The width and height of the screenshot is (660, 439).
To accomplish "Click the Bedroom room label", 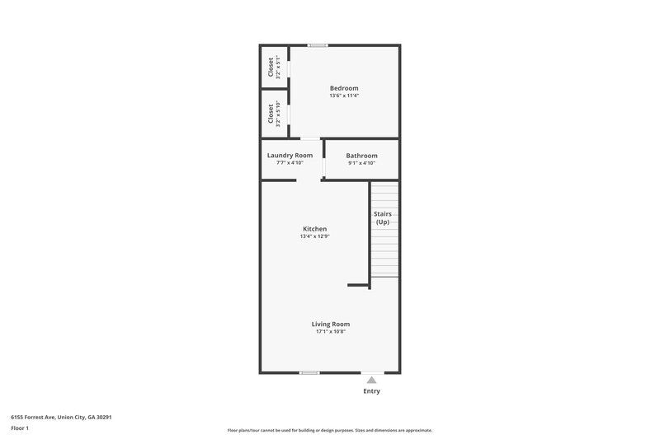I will (344, 88).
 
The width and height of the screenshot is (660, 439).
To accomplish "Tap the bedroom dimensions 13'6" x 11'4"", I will (344, 96).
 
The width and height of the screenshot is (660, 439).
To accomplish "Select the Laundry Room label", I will (290, 155).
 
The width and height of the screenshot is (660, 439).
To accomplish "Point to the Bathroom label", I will (361, 156).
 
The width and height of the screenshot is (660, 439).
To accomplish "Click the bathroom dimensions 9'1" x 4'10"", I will (361, 163).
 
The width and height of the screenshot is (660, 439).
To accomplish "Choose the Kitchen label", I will (314, 229).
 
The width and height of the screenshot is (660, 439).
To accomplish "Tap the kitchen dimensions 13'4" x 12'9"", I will (314, 236).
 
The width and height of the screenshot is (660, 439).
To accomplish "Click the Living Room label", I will (330, 324).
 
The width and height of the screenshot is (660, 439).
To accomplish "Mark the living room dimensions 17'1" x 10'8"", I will (330, 332).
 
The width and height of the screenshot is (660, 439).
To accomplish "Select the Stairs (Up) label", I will (382, 217).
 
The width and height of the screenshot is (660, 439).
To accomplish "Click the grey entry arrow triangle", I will (372, 380).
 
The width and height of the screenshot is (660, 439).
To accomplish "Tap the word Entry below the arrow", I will (372, 391).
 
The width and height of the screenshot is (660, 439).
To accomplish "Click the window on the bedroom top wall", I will (318, 44).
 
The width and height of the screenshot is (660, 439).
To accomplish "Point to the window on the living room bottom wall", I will (309, 372).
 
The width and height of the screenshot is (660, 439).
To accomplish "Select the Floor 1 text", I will (20, 428).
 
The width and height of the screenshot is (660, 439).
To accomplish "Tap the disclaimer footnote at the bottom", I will (330, 430).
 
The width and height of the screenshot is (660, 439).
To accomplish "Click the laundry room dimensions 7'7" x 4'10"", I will (290, 163).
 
